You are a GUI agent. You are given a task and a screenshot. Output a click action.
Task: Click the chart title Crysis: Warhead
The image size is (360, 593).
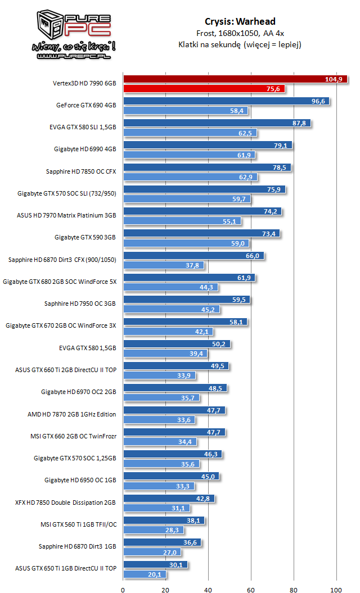[x=240, y=21]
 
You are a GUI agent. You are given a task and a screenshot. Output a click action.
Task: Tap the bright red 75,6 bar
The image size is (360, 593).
[x=204, y=89]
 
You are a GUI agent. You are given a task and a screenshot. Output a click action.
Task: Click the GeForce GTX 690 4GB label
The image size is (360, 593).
[x=86, y=105]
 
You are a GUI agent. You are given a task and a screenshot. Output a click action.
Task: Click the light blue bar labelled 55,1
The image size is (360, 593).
[x=182, y=221]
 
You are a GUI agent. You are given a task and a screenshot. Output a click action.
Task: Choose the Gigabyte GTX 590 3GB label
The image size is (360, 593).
[x=86, y=237]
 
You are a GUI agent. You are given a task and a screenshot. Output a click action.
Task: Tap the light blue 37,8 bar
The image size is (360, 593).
[x=164, y=265]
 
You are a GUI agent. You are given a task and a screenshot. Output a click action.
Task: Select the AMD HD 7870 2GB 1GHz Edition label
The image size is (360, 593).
[x=72, y=414]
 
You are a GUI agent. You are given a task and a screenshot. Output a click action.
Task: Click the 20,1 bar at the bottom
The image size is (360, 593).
[x=145, y=574]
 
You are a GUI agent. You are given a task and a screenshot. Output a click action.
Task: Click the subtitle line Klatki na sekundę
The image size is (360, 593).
[x=240, y=44]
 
